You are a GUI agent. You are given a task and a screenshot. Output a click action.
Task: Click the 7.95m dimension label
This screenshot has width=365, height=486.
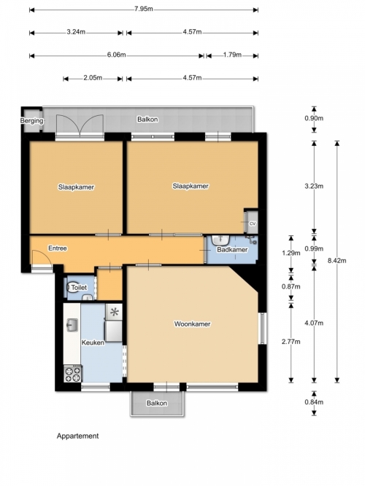pyautogui.click(x=144, y=9)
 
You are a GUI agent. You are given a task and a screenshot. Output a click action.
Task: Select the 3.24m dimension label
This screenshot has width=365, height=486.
pyautogui.click(x=76, y=32)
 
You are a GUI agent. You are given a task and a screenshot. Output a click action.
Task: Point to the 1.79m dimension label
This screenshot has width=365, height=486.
pyautogui.click(x=232, y=55)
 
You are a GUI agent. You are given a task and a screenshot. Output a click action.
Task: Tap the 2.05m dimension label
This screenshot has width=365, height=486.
pyautogui.click(x=93, y=78)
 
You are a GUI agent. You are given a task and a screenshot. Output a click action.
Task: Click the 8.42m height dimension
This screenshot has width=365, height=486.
pyautogui.click(x=337, y=261)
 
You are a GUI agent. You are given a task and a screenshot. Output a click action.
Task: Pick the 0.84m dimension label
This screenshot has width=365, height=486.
pyautogui.click(x=314, y=402)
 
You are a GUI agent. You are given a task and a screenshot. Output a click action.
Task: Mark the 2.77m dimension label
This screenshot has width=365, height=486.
pyautogui.click(x=291, y=342)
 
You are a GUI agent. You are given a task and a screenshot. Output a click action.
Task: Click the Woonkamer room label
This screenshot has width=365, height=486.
pyautogui.click(x=192, y=324)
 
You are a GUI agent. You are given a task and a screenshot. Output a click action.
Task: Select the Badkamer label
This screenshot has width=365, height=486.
pyautogui.click(x=232, y=249)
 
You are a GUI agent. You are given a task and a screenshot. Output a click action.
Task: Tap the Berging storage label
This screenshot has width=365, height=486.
pyautogui.click(x=32, y=120)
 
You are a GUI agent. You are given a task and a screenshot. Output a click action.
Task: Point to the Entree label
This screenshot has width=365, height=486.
pyautogui.click(x=58, y=248)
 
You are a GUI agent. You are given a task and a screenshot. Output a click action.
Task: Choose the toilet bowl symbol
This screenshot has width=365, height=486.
pyautogui.click(x=74, y=287)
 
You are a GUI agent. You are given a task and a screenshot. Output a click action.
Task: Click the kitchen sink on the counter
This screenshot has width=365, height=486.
pyautogui.click(x=72, y=325)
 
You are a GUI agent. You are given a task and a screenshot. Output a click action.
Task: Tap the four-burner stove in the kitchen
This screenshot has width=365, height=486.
pyautogui.click(x=73, y=374)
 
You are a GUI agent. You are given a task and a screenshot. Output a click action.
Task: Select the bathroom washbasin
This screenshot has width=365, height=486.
pyautogui.click(x=220, y=239)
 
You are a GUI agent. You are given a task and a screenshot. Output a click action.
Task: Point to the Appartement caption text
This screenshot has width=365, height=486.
pyautogui.click(x=77, y=436)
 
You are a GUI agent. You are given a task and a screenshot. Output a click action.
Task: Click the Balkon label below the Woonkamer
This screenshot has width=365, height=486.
pyautogui.click(x=157, y=403)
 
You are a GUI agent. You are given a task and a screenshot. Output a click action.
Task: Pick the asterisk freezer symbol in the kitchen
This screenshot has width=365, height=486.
pyautogui.click(x=115, y=312)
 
